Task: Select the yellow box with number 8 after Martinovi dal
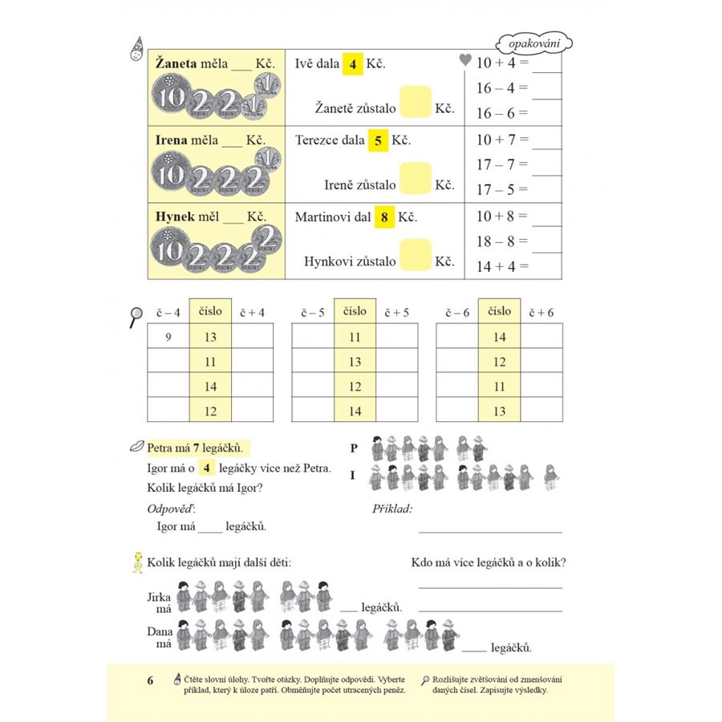[385, 217]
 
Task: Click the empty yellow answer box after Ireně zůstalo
[415, 178]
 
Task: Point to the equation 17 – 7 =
[503, 164]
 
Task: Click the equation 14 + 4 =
[503, 266]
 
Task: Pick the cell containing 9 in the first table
[168, 338]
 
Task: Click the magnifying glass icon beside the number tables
[135, 317]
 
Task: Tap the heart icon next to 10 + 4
[464, 59]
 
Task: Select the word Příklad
[392, 509]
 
